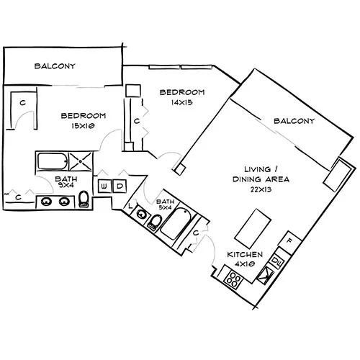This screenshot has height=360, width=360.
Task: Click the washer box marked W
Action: (104, 186)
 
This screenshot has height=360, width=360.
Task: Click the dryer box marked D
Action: (120, 186)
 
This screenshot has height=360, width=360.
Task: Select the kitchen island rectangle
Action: (253, 230)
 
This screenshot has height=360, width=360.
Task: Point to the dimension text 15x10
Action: (84, 126)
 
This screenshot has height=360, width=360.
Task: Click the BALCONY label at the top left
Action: (55, 66)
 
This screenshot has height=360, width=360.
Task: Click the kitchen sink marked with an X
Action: (270, 272)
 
